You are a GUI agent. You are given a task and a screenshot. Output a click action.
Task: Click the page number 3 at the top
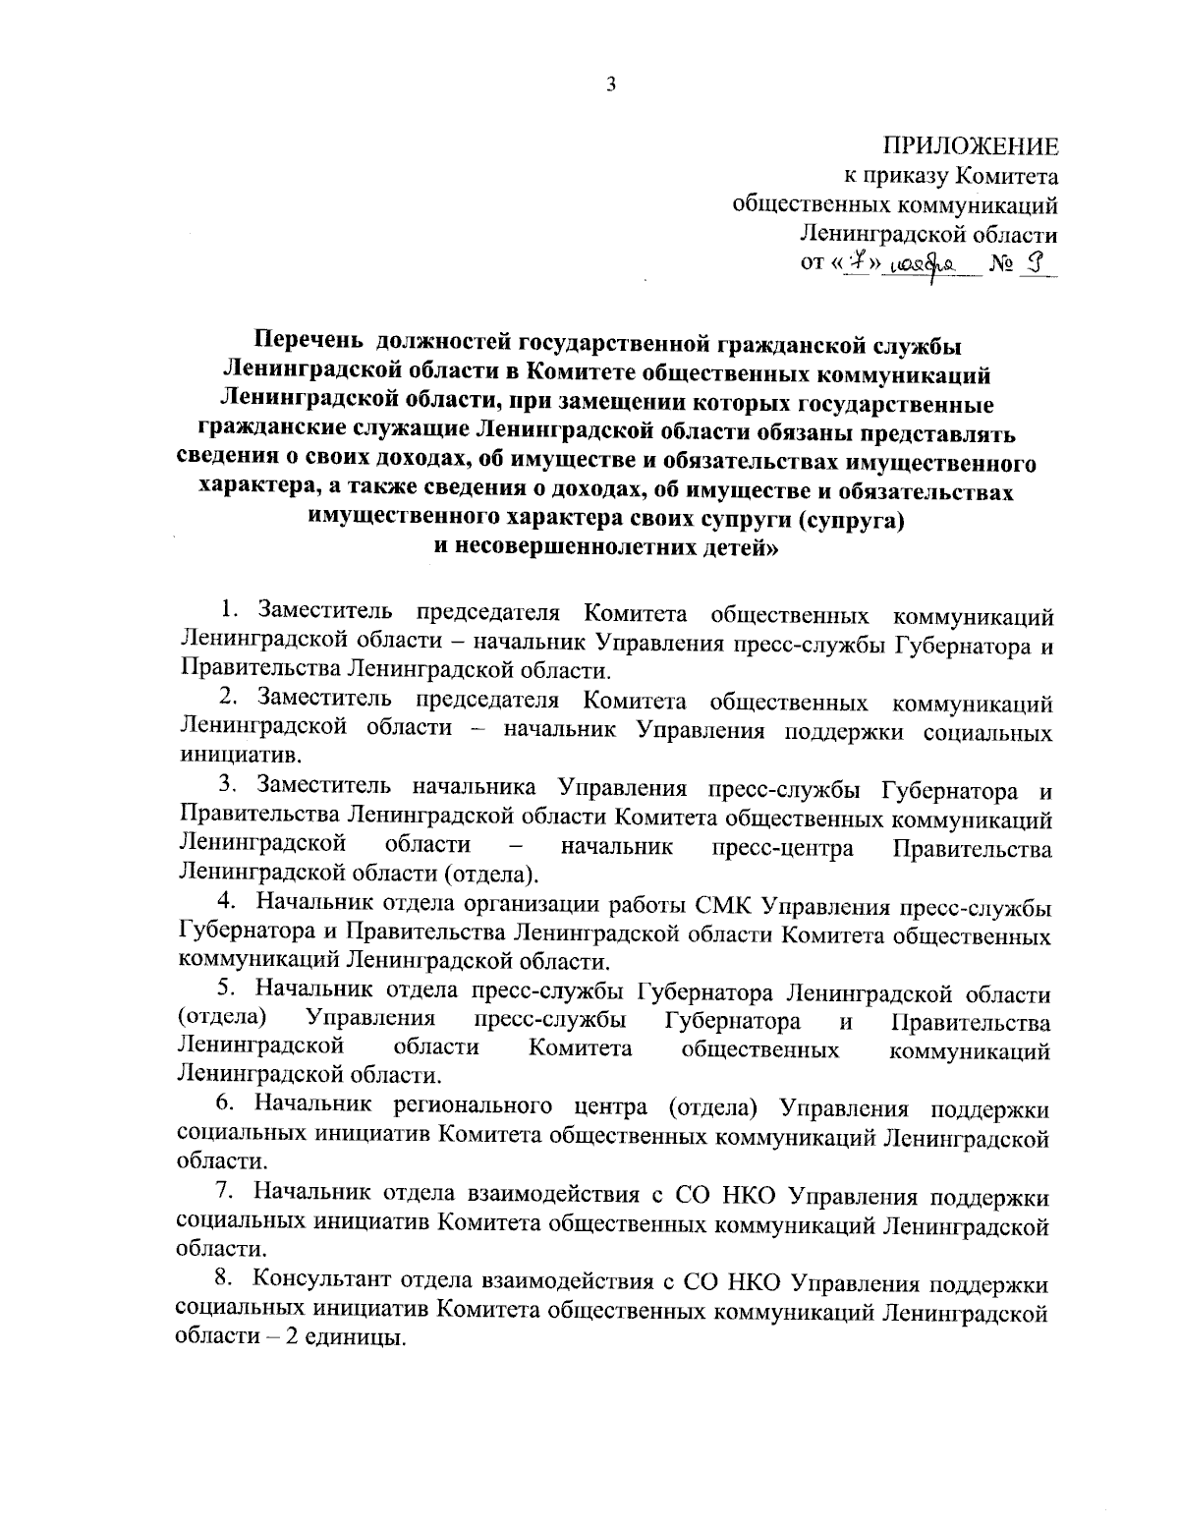point(611,85)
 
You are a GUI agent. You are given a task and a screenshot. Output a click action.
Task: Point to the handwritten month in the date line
point(920,266)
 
